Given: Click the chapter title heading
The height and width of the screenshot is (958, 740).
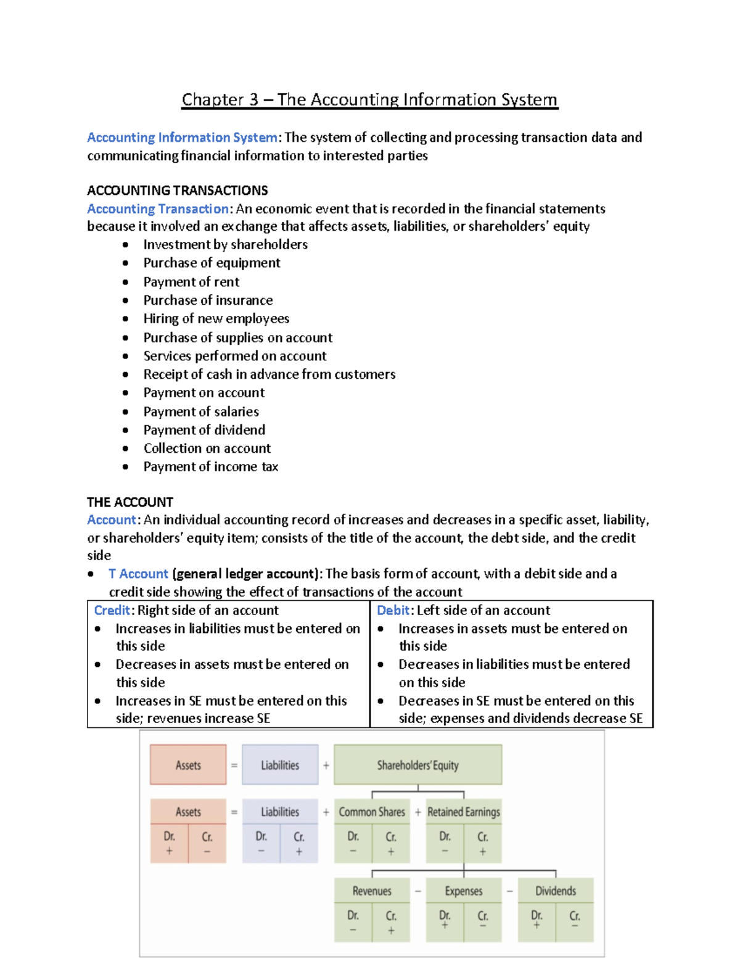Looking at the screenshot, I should (369, 100).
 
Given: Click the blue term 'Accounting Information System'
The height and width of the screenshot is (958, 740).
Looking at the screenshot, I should (182, 138).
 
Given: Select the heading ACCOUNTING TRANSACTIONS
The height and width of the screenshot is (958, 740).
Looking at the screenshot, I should (177, 190).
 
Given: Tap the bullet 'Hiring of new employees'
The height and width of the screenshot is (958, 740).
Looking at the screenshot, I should (216, 318).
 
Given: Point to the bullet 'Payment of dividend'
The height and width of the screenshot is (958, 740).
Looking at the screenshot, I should (204, 430).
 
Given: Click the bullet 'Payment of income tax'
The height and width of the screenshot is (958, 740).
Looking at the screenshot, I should (210, 467).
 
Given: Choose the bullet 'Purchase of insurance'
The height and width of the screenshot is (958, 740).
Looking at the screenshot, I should (208, 300).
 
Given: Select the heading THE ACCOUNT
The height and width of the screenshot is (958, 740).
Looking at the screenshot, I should (129, 502).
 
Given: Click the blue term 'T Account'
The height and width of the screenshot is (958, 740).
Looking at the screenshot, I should (138, 574).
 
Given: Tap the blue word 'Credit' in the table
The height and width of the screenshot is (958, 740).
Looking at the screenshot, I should (112, 610).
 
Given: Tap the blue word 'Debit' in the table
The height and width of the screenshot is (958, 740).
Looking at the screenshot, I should (393, 610).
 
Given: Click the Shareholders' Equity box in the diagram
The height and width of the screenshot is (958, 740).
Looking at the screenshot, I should (417, 765).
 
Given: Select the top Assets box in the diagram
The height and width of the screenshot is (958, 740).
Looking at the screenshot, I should (188, 765).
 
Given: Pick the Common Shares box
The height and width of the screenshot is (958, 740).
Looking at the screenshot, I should (372, 812).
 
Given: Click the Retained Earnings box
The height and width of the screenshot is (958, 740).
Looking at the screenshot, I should (464, 812).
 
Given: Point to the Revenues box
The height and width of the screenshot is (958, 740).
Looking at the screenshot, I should (372, 891).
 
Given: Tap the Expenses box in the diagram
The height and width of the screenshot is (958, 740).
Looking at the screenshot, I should (464, 891).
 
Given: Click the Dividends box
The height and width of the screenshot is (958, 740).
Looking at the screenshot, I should (556, 891).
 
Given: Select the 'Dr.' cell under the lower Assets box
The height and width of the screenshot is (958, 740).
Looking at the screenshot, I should (169, 842).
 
